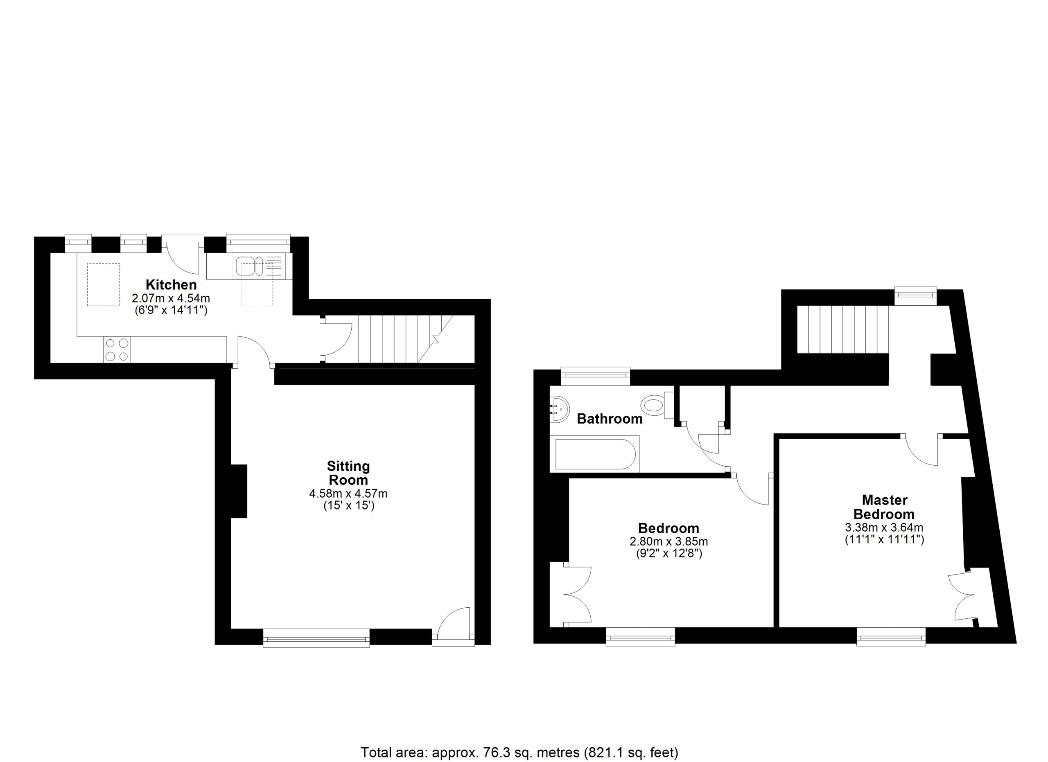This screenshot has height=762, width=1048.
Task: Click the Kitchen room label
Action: (171, 284)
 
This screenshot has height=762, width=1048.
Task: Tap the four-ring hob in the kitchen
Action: (117, 349)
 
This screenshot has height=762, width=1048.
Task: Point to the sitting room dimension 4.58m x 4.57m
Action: (348, 494)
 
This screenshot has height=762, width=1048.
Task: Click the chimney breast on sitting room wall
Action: (239, 491)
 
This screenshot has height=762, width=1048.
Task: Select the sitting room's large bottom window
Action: (316, 638)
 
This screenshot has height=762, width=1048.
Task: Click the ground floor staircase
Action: (406, 339)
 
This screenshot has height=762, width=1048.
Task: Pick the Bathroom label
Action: (610, 419)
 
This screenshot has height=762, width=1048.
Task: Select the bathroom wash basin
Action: (559, 409)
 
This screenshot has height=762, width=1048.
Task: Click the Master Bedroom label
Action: (884, 507)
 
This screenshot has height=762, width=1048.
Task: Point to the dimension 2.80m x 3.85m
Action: (669, 541)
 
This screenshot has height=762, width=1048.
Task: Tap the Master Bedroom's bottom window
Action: (891, 636)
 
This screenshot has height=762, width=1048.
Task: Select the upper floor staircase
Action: (843, 329)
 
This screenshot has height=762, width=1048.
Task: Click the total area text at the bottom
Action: (519, 752)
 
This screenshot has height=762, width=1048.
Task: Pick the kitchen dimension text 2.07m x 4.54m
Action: (171, 298)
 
